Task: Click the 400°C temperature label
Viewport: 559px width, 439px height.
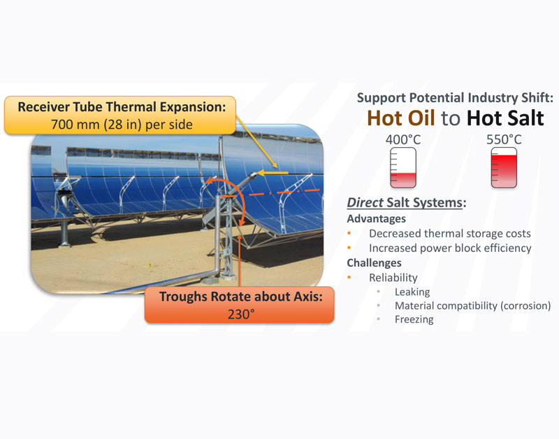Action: coord(403,139)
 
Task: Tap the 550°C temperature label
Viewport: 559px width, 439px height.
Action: coord(504,139)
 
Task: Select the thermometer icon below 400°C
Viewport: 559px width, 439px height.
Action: coord(403,167)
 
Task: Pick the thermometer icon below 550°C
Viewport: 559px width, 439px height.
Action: coord(504,167)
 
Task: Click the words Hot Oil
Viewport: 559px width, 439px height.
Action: coord(400,118)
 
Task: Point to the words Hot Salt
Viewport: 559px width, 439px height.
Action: coord(505,118)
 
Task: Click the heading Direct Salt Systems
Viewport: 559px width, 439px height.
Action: coord(407,202)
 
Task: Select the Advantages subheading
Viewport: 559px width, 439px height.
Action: coord(376,218)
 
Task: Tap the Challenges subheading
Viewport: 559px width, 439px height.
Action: coord(374,263)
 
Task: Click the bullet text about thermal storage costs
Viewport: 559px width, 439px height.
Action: coord(450,234)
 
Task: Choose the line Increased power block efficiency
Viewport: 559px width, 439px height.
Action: coord(450,249)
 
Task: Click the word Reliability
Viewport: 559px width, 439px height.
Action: coord(393,277)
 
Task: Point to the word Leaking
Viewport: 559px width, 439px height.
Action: coord(412,292)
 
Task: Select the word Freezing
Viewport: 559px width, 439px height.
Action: coord(414,319)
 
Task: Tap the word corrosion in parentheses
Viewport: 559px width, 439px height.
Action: coord(526,306)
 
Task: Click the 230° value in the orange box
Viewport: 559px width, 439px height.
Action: coord(241,314)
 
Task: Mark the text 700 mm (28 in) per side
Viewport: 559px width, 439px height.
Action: coord(122,125)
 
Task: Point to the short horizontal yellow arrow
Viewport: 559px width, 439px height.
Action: coord(273,173)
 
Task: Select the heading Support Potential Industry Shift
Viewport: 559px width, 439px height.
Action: coord(455,97)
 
